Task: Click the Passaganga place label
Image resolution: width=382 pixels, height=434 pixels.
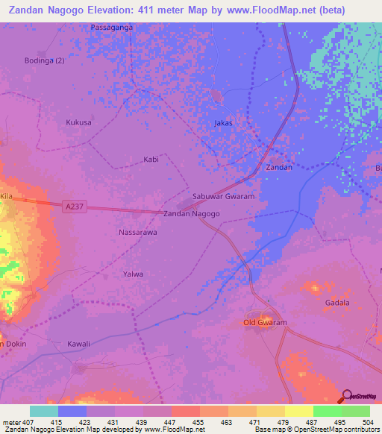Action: (x=111, y=27)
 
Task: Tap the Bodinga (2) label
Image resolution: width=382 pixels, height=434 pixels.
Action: (x=45, y=60)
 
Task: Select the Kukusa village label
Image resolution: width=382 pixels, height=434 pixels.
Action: (x=78, y=122)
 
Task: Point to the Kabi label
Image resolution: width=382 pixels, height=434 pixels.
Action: (x=151, y=160)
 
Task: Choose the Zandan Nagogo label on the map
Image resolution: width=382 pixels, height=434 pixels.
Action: (x=191, y=214)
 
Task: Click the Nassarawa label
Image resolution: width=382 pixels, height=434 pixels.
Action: (x=137, y=233)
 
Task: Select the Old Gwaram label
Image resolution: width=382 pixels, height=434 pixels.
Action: (x=266, y=322)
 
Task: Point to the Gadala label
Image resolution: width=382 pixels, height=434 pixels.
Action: (x=337, y=302)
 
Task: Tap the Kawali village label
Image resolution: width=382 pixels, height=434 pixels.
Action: (x=78, y=344)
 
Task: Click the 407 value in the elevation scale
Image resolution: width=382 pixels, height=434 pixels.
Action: (x=31, y=422)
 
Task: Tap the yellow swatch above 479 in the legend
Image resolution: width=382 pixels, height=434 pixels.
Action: (x=271, y=411)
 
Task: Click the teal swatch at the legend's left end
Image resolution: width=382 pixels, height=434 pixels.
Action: (x=44, y=411)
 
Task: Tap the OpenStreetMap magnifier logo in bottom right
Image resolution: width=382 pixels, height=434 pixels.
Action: (x=348, y=396)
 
